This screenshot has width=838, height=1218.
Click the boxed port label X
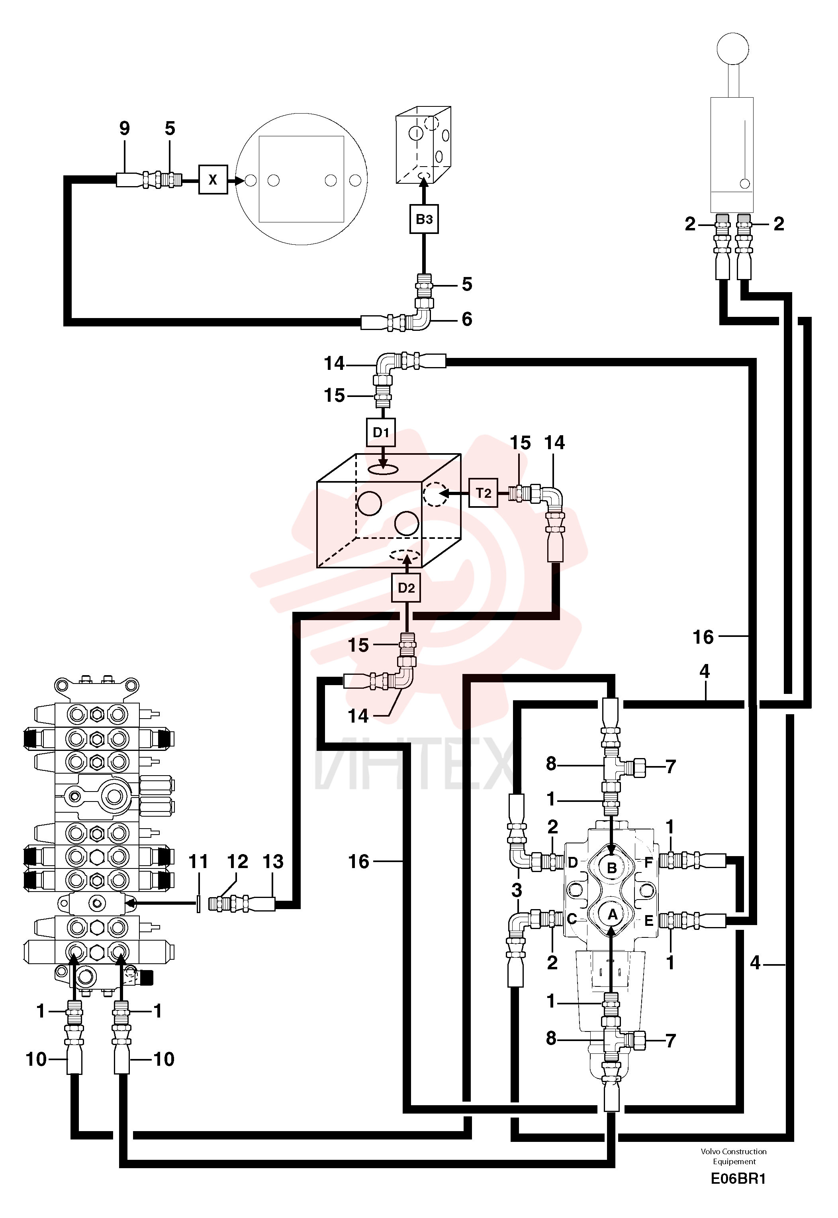point(213,180)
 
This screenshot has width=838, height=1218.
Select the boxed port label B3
point(424,219)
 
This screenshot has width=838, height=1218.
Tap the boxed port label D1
point(381,432)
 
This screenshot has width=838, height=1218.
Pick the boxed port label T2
point(483,493)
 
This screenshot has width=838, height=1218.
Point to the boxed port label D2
point(406,588)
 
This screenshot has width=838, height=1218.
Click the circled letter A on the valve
point(612,915)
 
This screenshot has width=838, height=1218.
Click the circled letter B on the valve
point(612,868)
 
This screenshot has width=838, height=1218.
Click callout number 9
point(124,128)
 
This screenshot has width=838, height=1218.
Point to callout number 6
point(467,319)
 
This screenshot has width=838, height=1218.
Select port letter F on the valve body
point(648,862)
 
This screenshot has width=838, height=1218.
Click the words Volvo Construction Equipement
point(734,1156)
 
